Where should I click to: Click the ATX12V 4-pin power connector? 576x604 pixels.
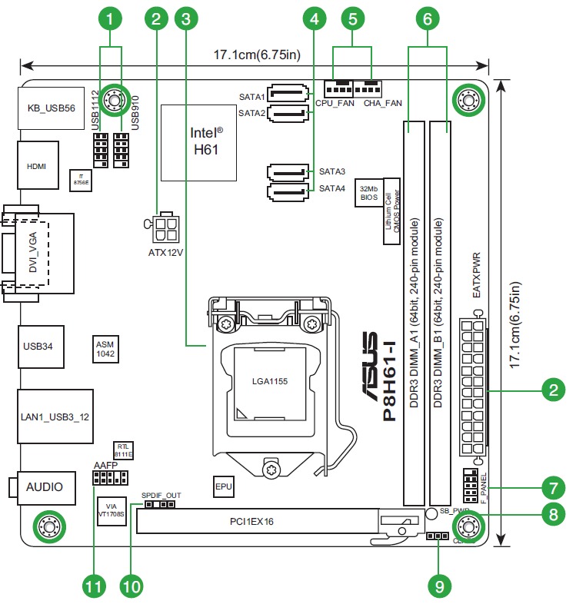coord(167,228)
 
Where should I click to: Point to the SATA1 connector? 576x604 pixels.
coord(291,96)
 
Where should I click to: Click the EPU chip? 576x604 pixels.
coord(223,486)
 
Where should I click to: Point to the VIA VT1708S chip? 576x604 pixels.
coord(112,511)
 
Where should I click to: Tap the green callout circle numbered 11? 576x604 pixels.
coord(93,586)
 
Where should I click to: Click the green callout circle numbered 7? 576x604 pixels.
coord(552,487)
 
